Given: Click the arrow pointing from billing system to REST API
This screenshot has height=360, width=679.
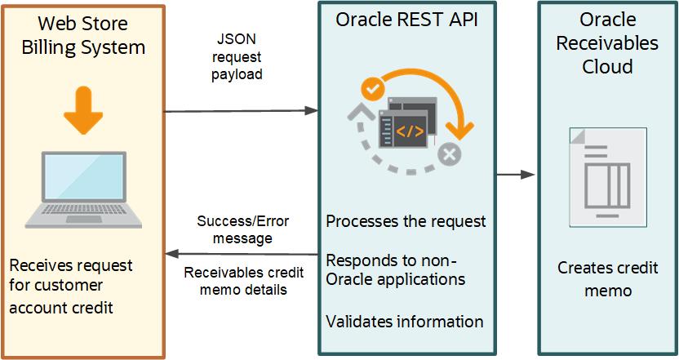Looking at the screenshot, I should coord(241,110).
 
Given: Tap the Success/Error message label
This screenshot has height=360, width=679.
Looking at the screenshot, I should coord(242,229).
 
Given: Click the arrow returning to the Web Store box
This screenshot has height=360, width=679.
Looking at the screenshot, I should coord(241,255).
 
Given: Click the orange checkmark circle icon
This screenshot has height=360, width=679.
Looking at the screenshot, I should coord(372,87).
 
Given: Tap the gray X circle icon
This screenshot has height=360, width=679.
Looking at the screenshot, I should coord(449,153).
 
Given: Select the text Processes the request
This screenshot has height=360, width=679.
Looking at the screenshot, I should coord(406,221).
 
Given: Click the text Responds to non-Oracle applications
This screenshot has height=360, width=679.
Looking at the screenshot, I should coord(396,269).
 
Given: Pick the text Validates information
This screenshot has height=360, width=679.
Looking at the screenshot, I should coord(404,322).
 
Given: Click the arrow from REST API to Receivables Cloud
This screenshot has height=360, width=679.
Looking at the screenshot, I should coord(516,175).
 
